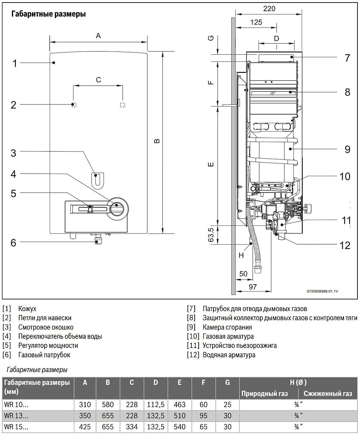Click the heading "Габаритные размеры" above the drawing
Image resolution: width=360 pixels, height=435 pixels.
[x=49, y=14]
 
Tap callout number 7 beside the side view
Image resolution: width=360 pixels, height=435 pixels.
[x=347, y=58]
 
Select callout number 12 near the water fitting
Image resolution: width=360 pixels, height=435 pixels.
[x=345, y=245]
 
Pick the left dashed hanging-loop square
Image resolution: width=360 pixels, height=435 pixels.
[x=74, y=105]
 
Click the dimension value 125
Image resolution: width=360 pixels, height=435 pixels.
[x=256, y=22]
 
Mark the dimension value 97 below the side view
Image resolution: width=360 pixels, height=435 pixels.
[x=253, y=287]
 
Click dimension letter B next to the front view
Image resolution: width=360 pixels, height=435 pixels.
[x=157, y=141]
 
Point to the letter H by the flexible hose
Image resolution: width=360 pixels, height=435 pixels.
[x=241, y=255]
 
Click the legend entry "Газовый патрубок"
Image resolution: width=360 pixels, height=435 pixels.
[x=44, y=355]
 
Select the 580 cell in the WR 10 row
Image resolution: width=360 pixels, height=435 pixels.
[x=108, y=405]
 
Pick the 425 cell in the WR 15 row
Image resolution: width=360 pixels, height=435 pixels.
[x=85, y=427]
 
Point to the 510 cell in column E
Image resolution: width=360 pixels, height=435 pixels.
[x=179, y=415]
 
